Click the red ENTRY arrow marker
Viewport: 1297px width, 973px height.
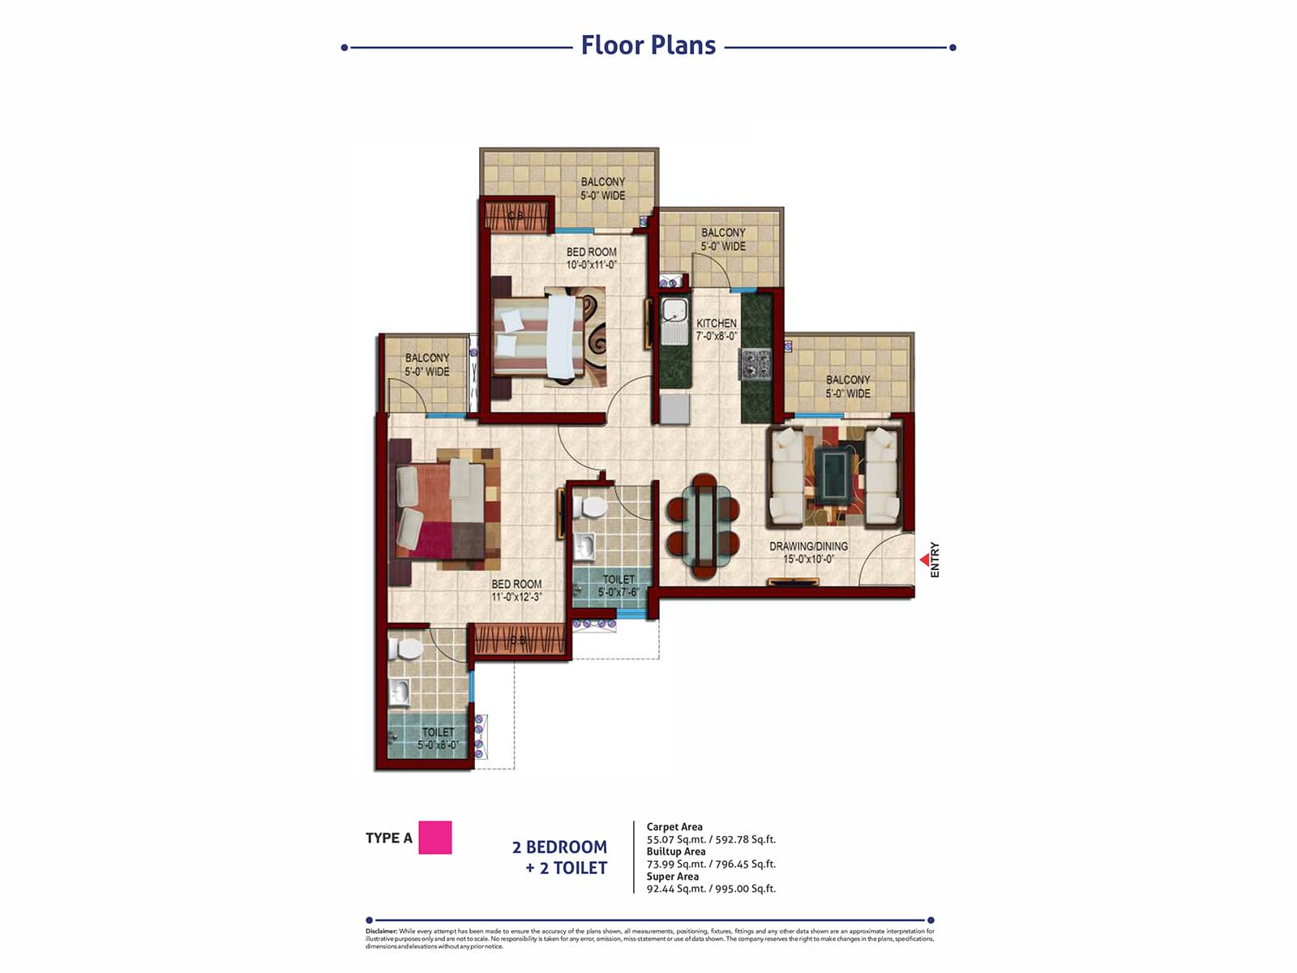(x=924, y=559)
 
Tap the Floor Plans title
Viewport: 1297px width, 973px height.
(x=648, y=45)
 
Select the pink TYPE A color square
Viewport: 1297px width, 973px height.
(x=434, y=838)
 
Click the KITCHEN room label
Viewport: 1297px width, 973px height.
(x=717, y=323)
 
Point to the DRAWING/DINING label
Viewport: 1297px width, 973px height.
(x=808, y=547)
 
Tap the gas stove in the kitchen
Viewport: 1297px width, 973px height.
(x=755, y=363)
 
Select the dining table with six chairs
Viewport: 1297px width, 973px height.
(x=703, y=525)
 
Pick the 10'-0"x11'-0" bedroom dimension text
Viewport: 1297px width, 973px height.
(x=592, y=264)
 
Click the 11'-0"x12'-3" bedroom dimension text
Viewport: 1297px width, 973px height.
(x=516, y=597)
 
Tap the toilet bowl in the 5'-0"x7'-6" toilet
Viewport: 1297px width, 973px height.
(x=593, y=508)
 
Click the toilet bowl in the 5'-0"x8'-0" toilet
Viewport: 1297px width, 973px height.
(x=407, y=649)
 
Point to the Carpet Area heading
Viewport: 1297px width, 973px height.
(x=674, y=827)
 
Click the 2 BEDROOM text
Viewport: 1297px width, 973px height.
(x=559, y=847)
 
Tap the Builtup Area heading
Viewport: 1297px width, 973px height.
(x=676, y=851)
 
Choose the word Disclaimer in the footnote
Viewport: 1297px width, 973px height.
(x=381, y=932)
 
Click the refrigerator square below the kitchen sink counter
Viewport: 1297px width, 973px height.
(x=674, y=409)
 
